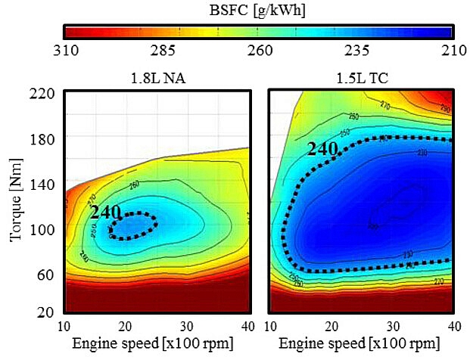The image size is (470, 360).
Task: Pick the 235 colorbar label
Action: coord(356,51)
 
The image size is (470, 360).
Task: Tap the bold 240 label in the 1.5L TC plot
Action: coord(321,147)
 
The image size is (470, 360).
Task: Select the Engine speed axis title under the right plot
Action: coord(363,344)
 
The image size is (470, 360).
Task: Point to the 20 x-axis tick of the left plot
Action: coord(126,325)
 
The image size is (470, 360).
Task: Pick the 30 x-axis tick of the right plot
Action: coord(392,325)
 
